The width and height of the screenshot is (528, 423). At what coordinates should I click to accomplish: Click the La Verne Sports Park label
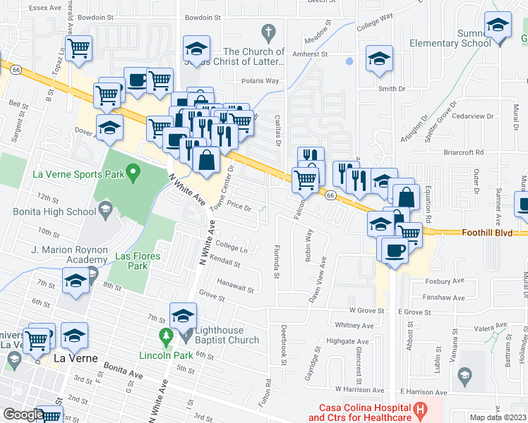78,173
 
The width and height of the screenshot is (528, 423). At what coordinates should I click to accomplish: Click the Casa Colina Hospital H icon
420,408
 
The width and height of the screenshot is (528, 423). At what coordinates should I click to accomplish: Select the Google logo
23,415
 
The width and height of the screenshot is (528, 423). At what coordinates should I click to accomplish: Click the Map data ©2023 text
497,417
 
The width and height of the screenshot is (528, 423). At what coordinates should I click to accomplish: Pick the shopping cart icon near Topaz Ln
79,49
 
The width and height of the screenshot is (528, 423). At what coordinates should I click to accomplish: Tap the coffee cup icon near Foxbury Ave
395,250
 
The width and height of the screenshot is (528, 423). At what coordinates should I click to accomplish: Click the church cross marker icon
268,32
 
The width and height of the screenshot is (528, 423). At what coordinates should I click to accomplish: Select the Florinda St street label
277,261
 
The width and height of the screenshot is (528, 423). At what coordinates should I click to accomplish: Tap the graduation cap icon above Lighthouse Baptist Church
183,315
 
